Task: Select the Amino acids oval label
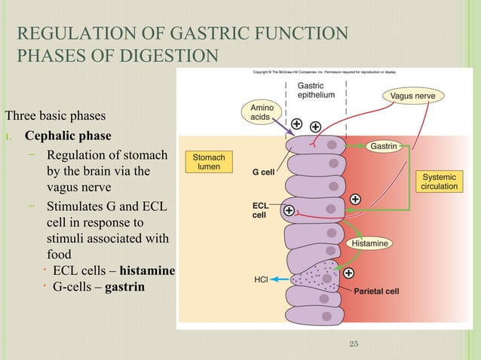click(259, 114)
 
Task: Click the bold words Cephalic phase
click(68, 136)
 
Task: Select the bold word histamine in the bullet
click(147, 271)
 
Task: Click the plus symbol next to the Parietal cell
click(349, 272)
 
